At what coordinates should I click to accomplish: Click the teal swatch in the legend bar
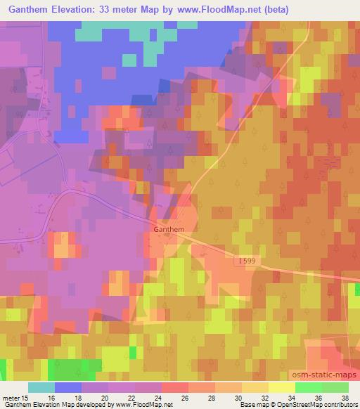pos(41,387)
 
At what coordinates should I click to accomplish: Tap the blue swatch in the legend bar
pos(67,387)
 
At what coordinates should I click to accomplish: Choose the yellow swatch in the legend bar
pos(282,387)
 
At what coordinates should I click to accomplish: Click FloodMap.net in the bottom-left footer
pos(148,405)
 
